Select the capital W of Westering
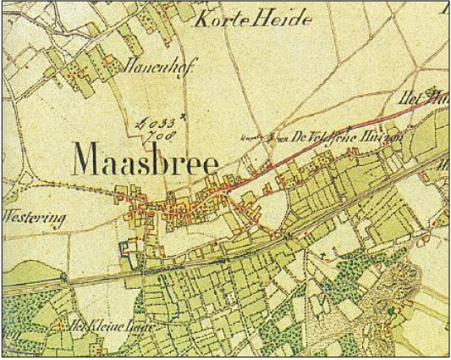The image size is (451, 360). pyautogui.click(x=10, y=217)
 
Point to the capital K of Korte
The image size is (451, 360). pyautogui.click(x=201, y=19)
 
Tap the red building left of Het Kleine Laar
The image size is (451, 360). pyautogui.click(x=58, y=324)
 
